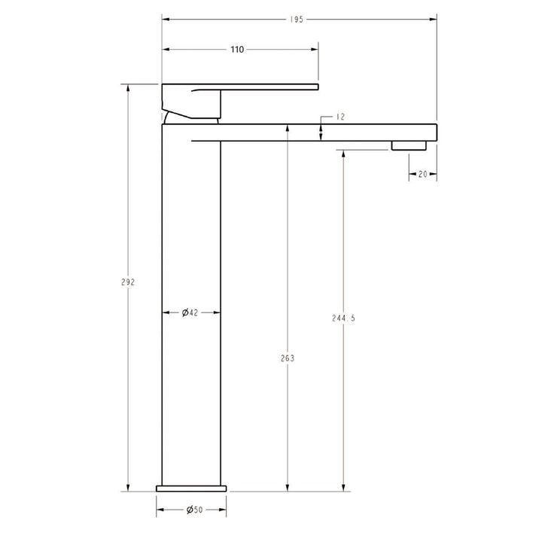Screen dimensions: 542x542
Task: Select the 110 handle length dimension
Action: coord(236,50)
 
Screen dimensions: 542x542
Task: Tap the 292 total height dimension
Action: coord(127,282)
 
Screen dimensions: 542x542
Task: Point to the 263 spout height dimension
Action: coord(287,358)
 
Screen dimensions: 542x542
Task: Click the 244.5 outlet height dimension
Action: coord(343,318)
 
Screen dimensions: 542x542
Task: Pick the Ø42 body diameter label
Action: coord(190,312)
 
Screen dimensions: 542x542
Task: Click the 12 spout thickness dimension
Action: coord(340,117)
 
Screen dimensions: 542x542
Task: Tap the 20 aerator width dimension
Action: coord(422,174)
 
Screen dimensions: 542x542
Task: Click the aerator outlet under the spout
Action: coord(409,145)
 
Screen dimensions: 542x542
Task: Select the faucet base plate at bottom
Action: coord(191,488)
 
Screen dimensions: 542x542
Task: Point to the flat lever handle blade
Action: coord(271,87)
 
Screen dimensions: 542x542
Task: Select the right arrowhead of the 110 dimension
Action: coord(316,50)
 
